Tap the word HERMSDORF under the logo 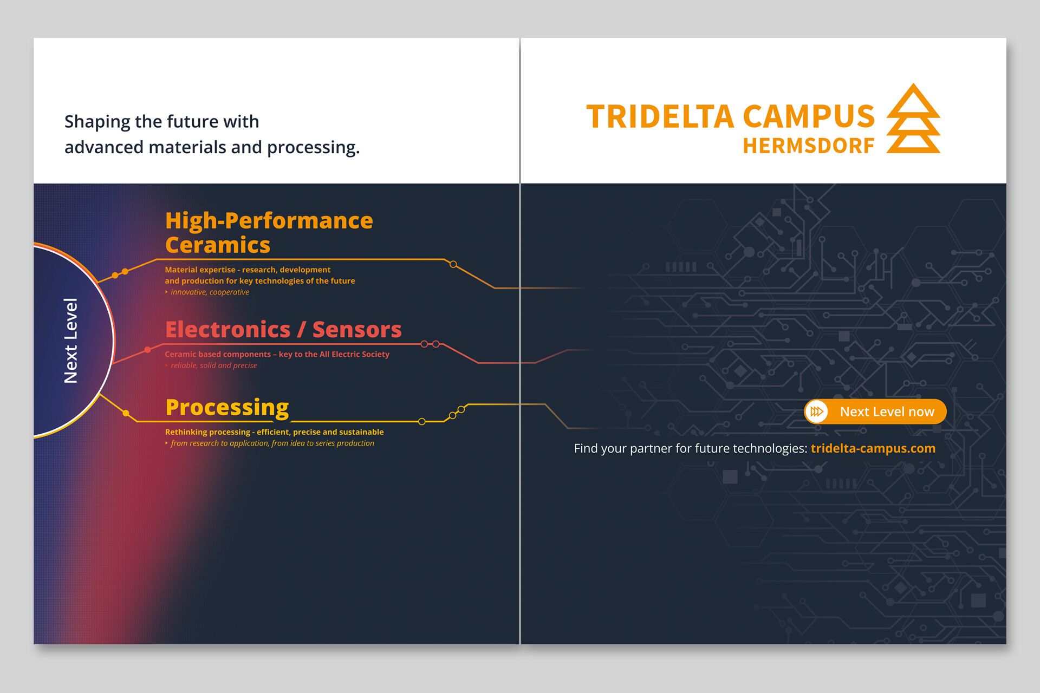coord(809,146)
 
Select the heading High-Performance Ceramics coord(269,233)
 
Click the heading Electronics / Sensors coord(283,329)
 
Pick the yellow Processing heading coord(227,408)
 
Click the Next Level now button coord(875,411)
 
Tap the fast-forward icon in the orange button coord(817,411)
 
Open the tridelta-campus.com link coord(873,448)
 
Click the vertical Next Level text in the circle coord(71,341)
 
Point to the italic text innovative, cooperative coord(210,292)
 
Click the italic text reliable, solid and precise coord(214,365)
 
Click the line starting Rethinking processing coord(274,432)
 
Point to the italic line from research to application coord(272,443)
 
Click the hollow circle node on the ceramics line coord(453,265)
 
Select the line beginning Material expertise coord(248,270)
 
